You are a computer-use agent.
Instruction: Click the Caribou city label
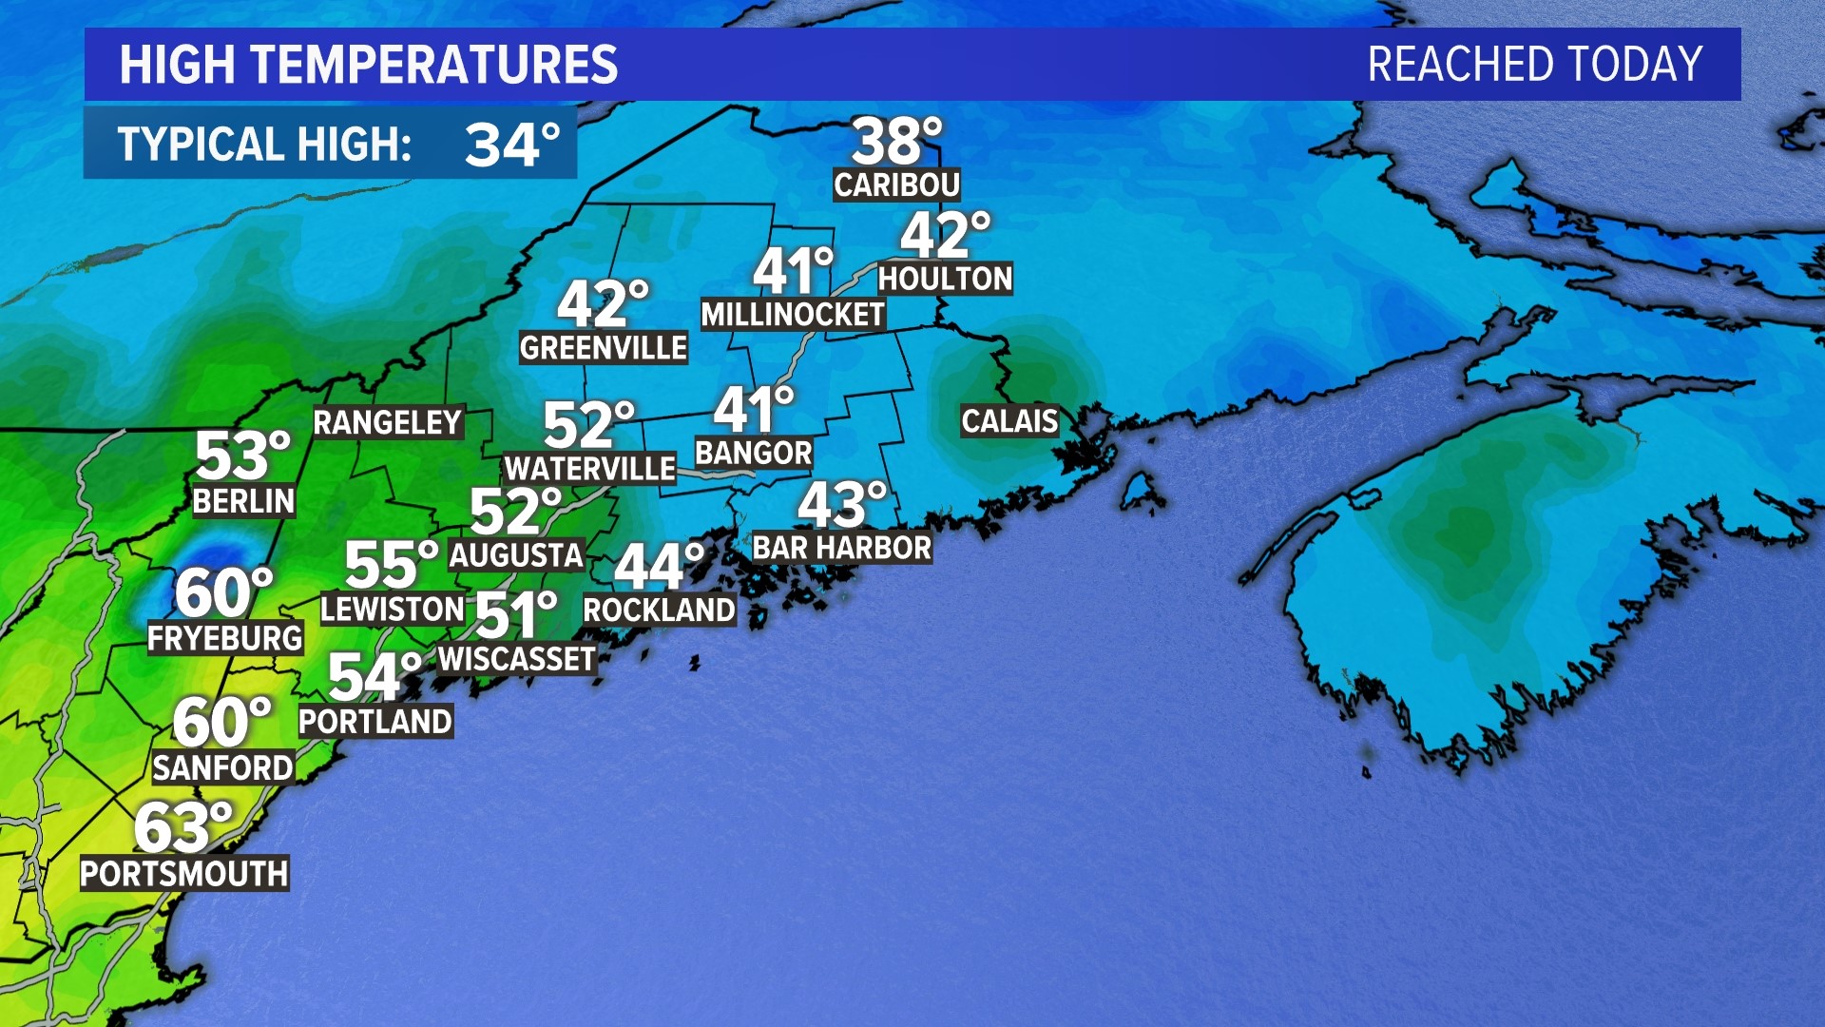(x=896, y=184)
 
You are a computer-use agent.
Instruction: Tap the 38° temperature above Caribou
(x=895, y=142)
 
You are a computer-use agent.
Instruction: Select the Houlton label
(x=945, y=279)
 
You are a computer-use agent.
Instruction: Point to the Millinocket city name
(x=793, y=315)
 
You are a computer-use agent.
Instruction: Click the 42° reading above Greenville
(x=602, y=304)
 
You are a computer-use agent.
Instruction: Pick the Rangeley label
(x=388, y=422)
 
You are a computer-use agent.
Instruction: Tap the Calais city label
(x=1009, y=420)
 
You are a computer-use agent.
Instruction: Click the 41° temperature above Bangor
(x=753, y=410)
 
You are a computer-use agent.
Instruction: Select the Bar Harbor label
(x=842, y=548)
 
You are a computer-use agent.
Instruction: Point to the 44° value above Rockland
(x=659, y=567)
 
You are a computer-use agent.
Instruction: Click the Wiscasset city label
(x=517, y=659)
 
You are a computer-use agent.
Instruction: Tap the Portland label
(x=375, y=722)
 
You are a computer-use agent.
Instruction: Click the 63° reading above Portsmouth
(x=182, y=827)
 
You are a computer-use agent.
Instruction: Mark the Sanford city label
(x=223, y=767)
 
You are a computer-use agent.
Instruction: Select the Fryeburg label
(x=225, y=638)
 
